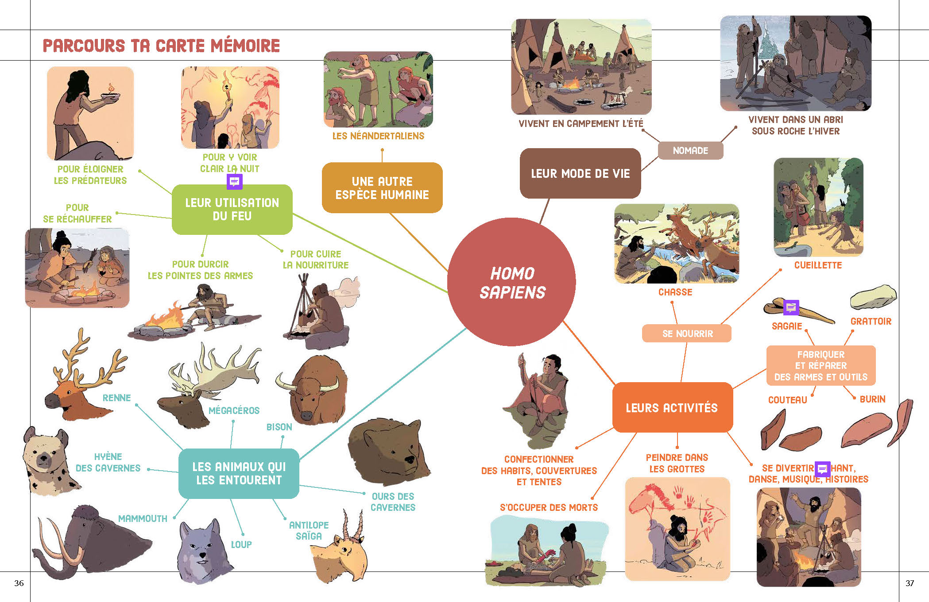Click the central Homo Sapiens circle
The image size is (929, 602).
(x=511, y=282)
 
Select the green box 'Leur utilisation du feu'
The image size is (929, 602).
(x=232, y=210)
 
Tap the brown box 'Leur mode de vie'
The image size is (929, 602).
(x=580, y=173)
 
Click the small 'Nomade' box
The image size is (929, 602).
(x=690, y=151)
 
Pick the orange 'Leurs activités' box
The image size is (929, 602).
(x=672, y=407)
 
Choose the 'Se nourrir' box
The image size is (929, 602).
(x=687, y=334)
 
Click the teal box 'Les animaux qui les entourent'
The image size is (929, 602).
(x=239, y=473)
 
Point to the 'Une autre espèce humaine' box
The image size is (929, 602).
(x=382, y=188)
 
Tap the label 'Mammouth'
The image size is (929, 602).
(x=143, y=518)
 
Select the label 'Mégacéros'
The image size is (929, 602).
(x=234, y=410)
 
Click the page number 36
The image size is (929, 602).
(x=19, y=583)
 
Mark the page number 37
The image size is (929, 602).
(x=910, y=583)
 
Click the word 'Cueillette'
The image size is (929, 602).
(x=818, y=265)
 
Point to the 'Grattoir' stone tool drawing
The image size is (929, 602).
(x=873, y=297)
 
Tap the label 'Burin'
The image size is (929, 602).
(x=872, y=399)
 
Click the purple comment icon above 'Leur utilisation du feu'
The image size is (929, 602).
(x=234, y=181)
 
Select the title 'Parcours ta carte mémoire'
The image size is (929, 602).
(x=161, y=46)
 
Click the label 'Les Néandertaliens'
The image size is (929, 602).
(x=378, y=136)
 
